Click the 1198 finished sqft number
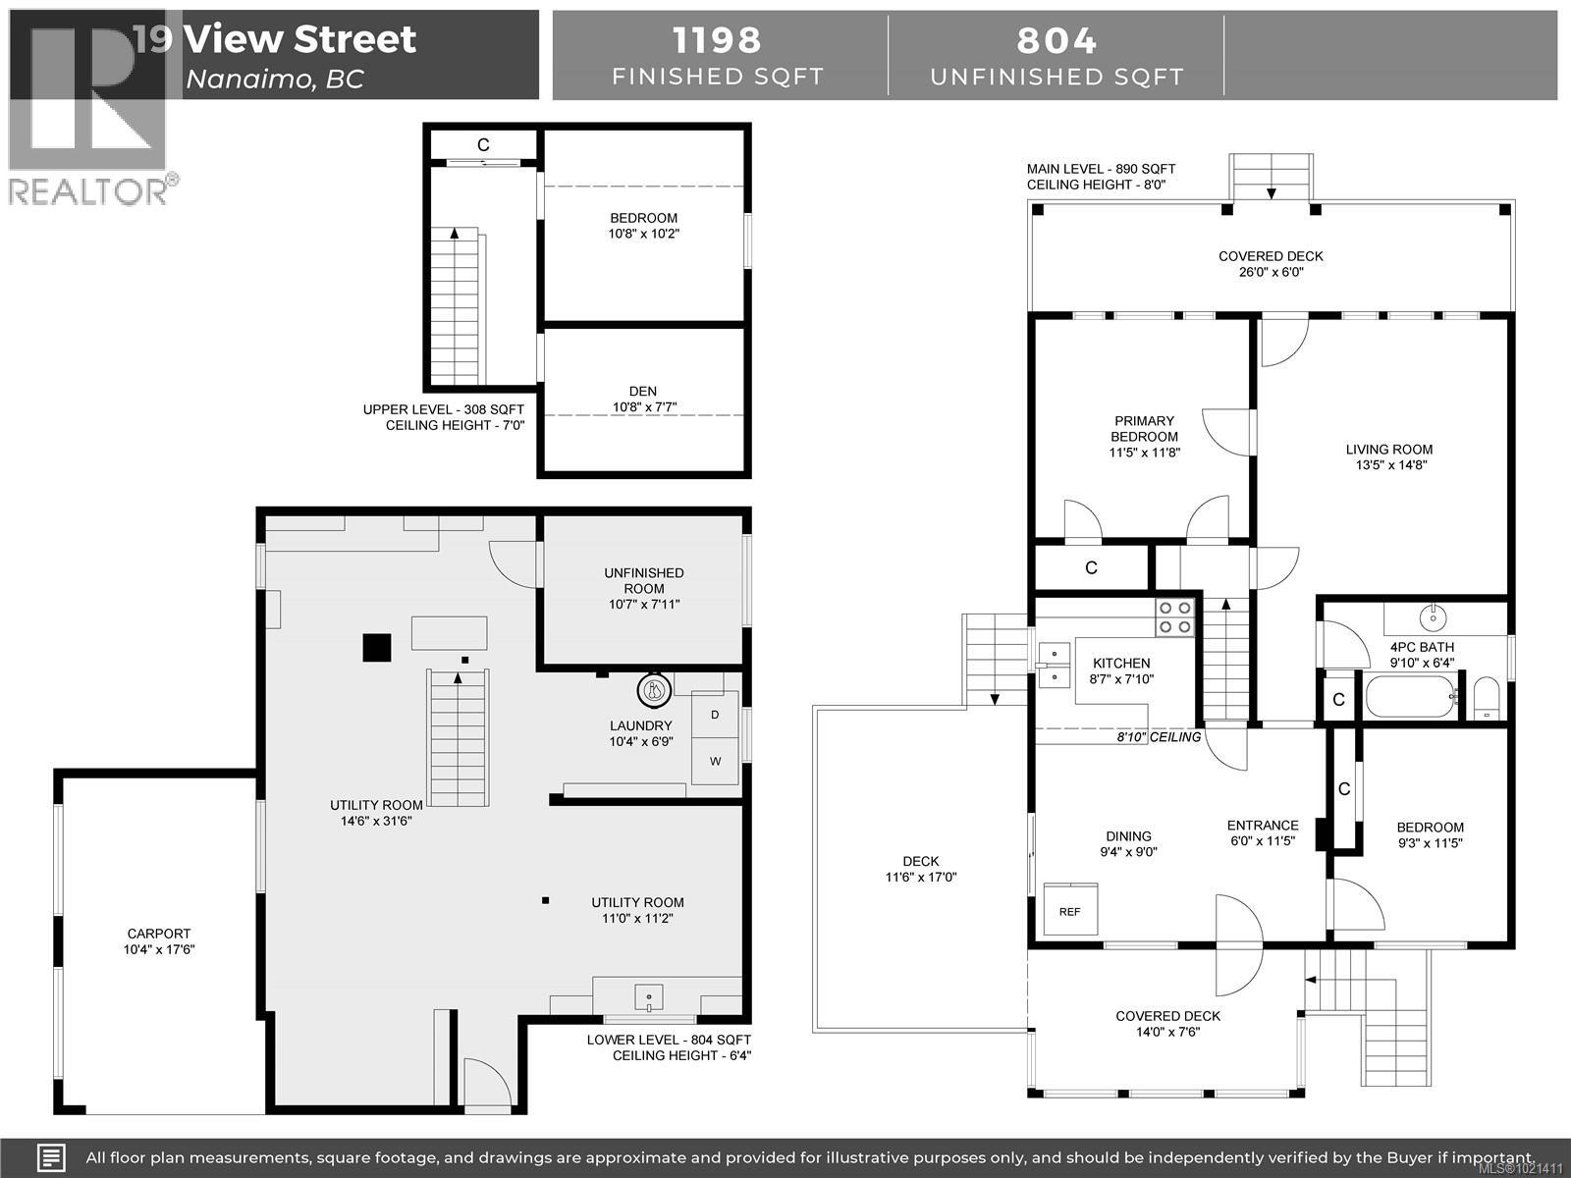coord(717,41)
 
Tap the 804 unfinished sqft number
coord(1056,41)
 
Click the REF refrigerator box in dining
coord(1070,910)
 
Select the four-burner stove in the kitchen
coord(1174,617)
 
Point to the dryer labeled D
coord(715,715)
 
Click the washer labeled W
coord(715,762)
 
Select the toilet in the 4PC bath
coord(1487,697)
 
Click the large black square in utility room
coord(377,648)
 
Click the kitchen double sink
coord(1055,663)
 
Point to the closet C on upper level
coord(483,144)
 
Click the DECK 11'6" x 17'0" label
coord(920,869)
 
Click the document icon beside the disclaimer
coord(51,1157)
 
